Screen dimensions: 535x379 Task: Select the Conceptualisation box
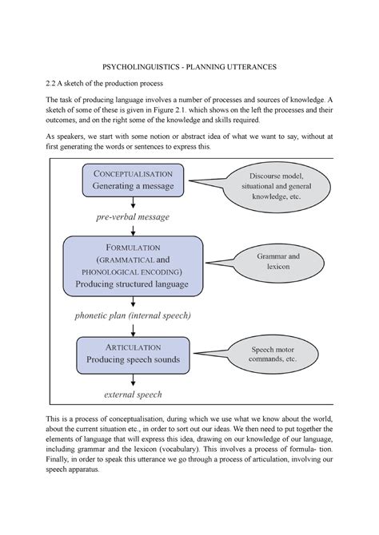tap(132, 181)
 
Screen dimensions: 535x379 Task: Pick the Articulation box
tap(132, 354)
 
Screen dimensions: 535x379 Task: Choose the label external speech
tap(132, 394)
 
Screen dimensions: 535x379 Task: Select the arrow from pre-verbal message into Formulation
tap(132, 228)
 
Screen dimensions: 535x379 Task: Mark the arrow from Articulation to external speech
tap(132, 380)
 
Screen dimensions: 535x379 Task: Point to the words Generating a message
tap(132, 187)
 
